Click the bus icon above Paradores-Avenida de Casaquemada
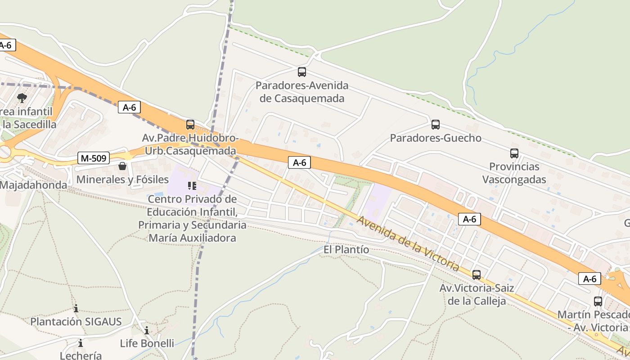302,72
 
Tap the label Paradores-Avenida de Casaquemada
302,92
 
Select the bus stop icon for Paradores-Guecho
435,125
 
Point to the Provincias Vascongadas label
514,173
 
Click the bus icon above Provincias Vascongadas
514,153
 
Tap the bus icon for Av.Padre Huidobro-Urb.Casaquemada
190,125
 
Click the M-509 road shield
94,158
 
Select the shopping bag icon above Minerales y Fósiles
122,166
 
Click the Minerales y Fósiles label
122,180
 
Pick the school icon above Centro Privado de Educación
192,186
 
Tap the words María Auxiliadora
192,238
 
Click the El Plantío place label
346,250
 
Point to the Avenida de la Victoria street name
408,243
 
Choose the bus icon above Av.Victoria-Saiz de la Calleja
477,274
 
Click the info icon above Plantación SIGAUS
76,309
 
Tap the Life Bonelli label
147,343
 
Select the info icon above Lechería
81,343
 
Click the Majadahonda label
33,185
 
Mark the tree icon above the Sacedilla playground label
22,98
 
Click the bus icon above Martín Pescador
598,301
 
